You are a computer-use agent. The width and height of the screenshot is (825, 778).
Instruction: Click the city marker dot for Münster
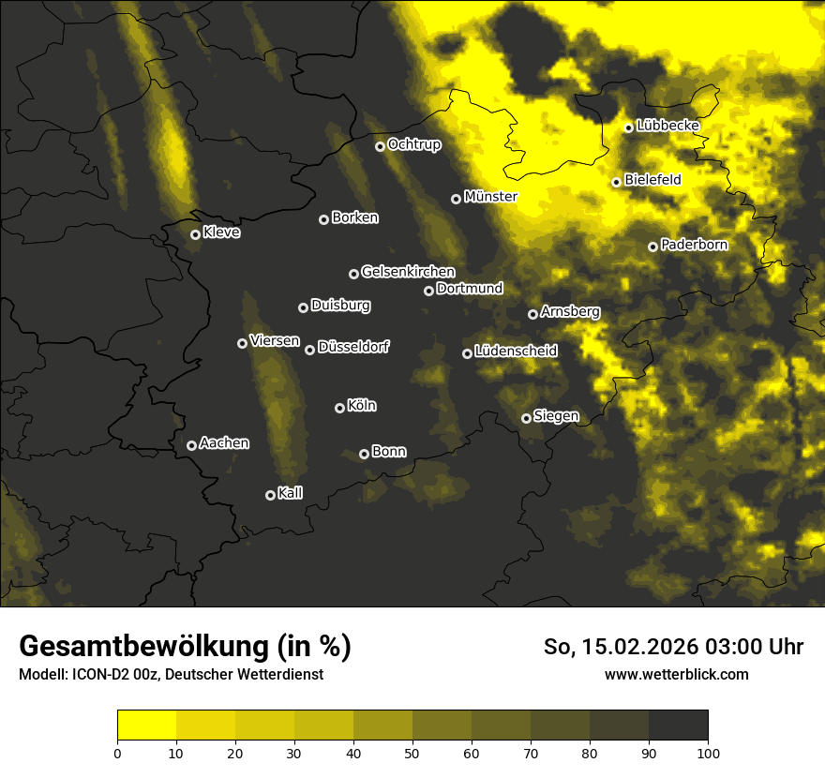pos(457,199)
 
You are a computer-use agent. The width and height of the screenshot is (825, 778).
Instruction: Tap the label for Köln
pos(362,406)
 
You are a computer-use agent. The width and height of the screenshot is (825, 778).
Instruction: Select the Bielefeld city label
pos(652,179)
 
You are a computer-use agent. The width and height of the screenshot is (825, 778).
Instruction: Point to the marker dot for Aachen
pos(191,445)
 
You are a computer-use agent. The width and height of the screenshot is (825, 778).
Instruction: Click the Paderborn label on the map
pos(694,245)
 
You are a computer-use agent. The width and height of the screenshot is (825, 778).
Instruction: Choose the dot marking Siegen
pos(526,418)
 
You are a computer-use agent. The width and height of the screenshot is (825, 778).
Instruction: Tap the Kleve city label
pos(221,232)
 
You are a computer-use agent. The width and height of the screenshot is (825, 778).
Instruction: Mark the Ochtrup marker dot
pos(380,146)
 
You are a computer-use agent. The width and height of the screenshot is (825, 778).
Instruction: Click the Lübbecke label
pos(667,126)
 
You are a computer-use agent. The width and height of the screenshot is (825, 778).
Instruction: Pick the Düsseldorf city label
pos(352,347)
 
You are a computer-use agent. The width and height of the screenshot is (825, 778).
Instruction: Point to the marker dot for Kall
pos(270,495)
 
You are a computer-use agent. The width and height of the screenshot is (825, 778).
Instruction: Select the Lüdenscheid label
pos(516,351)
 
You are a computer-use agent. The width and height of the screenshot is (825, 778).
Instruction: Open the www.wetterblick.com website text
pos(676,674)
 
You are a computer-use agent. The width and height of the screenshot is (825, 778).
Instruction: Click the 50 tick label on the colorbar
pos(412,752)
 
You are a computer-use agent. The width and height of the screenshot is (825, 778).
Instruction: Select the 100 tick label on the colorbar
pos(708,752)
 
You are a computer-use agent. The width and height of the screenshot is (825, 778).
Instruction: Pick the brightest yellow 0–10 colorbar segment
pos(147,725)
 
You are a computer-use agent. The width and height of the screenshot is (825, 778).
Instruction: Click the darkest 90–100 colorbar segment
pos(678,725)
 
